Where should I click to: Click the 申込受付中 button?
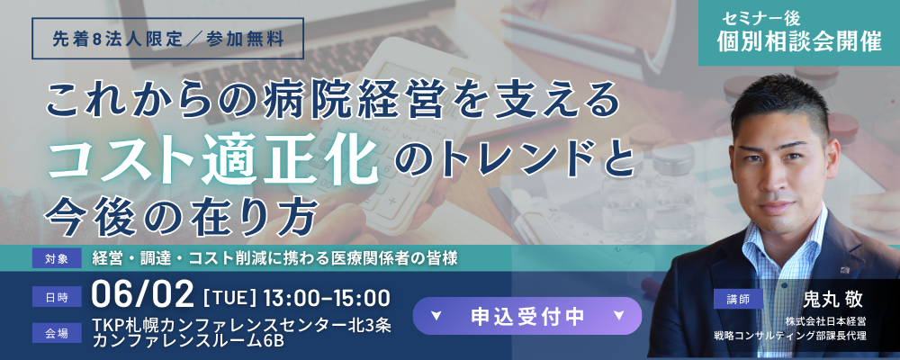(x=526, y=316)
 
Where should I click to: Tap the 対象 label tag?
(x=57, y=259)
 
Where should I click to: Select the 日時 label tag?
(x=57, y=297)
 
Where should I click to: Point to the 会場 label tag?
(x=57, y=332)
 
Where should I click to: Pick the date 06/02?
(x=143, y=296)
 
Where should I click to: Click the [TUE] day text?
(x=229, y=298)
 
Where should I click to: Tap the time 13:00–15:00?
(x=327, y=298)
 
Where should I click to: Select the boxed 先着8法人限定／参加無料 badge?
(x=167, y=39)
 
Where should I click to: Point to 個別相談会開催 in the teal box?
(x=799, y=42)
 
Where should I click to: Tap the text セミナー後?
(x=760, y=19)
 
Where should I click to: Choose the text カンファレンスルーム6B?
(x=188, y=340)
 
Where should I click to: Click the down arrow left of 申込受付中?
(x=436, y=315)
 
